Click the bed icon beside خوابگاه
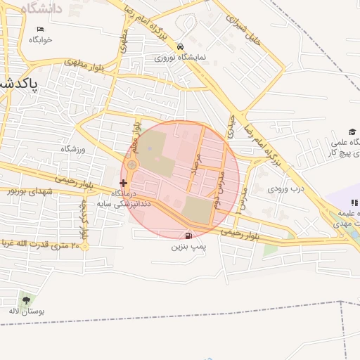pos(40,29)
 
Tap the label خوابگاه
pos(40,39)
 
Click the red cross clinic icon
pos(124,183)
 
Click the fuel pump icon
pos(188,236)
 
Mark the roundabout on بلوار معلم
pos(131,165)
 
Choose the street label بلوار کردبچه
pos(83,219)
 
